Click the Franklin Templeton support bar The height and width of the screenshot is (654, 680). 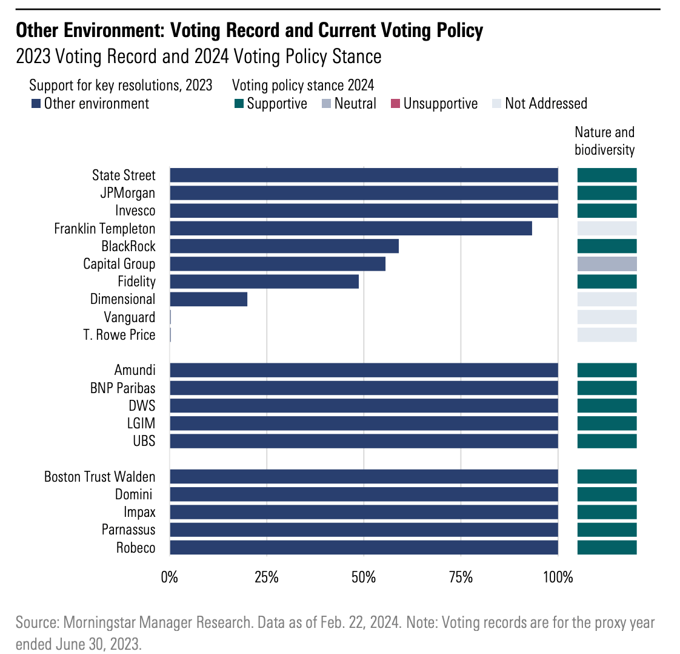(x=351, y=229)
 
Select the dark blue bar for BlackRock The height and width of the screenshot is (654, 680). (x=284, y=246)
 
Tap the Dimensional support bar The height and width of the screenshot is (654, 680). (x=208, y=299)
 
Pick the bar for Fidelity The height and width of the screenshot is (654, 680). (x=264, y=281)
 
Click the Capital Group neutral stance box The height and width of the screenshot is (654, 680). (x=607, y=264)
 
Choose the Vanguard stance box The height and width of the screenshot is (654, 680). (x=607, y=317)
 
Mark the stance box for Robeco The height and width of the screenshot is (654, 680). (x=607, y=548)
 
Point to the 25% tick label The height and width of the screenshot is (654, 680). (x=267, y=577)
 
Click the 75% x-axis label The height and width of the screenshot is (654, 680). (x=461, y=577)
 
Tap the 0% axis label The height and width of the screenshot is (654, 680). (x=170, y=577)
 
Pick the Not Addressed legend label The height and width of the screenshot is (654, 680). (x=545, y=104)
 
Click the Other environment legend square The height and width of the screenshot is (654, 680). (x=35, y=104)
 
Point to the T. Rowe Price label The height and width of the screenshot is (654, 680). (x=119, y=335)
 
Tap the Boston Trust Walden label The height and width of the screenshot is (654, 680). (x=100, y=477)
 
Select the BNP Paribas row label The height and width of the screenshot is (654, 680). (x=123, y=388)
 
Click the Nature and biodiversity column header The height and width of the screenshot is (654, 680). (x=604, y=141)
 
